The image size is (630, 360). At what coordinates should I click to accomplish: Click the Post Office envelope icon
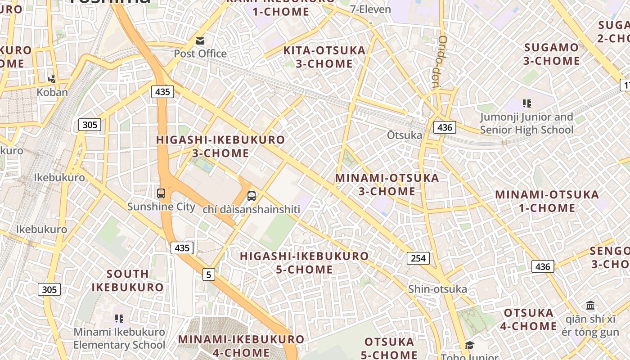200,41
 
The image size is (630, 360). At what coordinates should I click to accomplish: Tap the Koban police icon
52,79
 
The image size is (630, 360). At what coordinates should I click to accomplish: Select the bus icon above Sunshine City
161,193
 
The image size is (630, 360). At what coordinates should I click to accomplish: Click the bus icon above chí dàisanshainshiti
252,196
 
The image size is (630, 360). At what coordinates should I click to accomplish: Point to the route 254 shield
418,258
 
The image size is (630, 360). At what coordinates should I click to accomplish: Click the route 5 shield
208,274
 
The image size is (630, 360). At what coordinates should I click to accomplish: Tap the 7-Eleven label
370,9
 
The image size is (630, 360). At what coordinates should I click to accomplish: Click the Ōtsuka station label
405,135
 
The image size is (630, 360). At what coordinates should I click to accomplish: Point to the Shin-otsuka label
437,289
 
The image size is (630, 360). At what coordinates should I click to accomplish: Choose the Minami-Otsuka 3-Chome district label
387,184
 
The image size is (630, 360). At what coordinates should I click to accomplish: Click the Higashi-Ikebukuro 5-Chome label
304,263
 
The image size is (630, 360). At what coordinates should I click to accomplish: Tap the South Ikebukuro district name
128,280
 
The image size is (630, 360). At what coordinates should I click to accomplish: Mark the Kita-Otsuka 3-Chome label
324,57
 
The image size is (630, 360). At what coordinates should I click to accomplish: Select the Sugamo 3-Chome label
552,54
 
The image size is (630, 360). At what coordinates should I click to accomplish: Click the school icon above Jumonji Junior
527,103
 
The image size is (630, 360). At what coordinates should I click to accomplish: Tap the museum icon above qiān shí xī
590,306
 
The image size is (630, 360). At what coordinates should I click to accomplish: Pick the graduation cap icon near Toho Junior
469,345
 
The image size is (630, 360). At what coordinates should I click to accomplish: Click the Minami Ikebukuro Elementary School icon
119,319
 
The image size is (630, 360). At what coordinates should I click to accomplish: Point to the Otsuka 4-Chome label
528,319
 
